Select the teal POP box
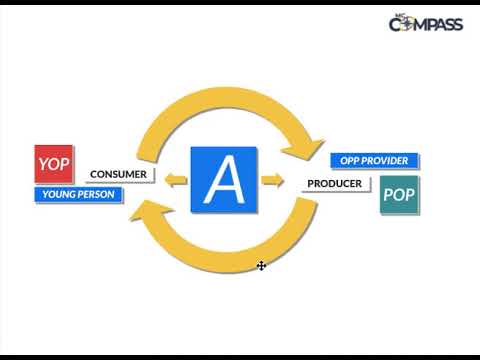(400, 195)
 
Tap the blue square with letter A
(224, 180)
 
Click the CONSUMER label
(118, 174)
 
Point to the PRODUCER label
(334, 184)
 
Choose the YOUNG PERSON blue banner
(77, 195)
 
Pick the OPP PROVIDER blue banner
(375, 161)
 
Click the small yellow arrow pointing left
(175, 181)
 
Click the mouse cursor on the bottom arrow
(261, 266)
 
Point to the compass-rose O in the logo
(410, 24)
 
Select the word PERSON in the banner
(96, 195)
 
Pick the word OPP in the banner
(349, 161)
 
